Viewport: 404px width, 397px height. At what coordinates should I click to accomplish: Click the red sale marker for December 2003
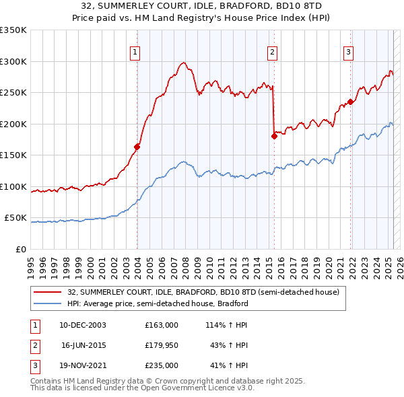coord(137,147)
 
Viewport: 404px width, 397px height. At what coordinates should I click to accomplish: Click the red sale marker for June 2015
coord(274,136)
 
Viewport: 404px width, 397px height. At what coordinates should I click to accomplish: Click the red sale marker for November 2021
coord(351,102)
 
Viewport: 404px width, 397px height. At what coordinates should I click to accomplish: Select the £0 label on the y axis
coord(21,249)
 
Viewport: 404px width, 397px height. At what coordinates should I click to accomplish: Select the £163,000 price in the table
coord(162,324)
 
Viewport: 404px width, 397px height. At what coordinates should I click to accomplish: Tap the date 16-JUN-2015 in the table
coord(83,345)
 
